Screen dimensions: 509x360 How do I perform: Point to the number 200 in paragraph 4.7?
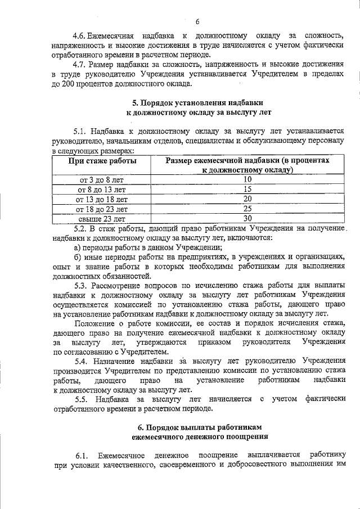70,84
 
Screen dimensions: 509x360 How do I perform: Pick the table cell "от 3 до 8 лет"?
102,180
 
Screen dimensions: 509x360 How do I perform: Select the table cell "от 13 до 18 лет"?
102,199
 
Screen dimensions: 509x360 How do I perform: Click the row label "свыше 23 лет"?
102,219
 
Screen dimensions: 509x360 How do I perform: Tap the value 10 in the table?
247,179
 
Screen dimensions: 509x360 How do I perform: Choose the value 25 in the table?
247,209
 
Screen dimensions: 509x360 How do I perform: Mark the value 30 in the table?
247,218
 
